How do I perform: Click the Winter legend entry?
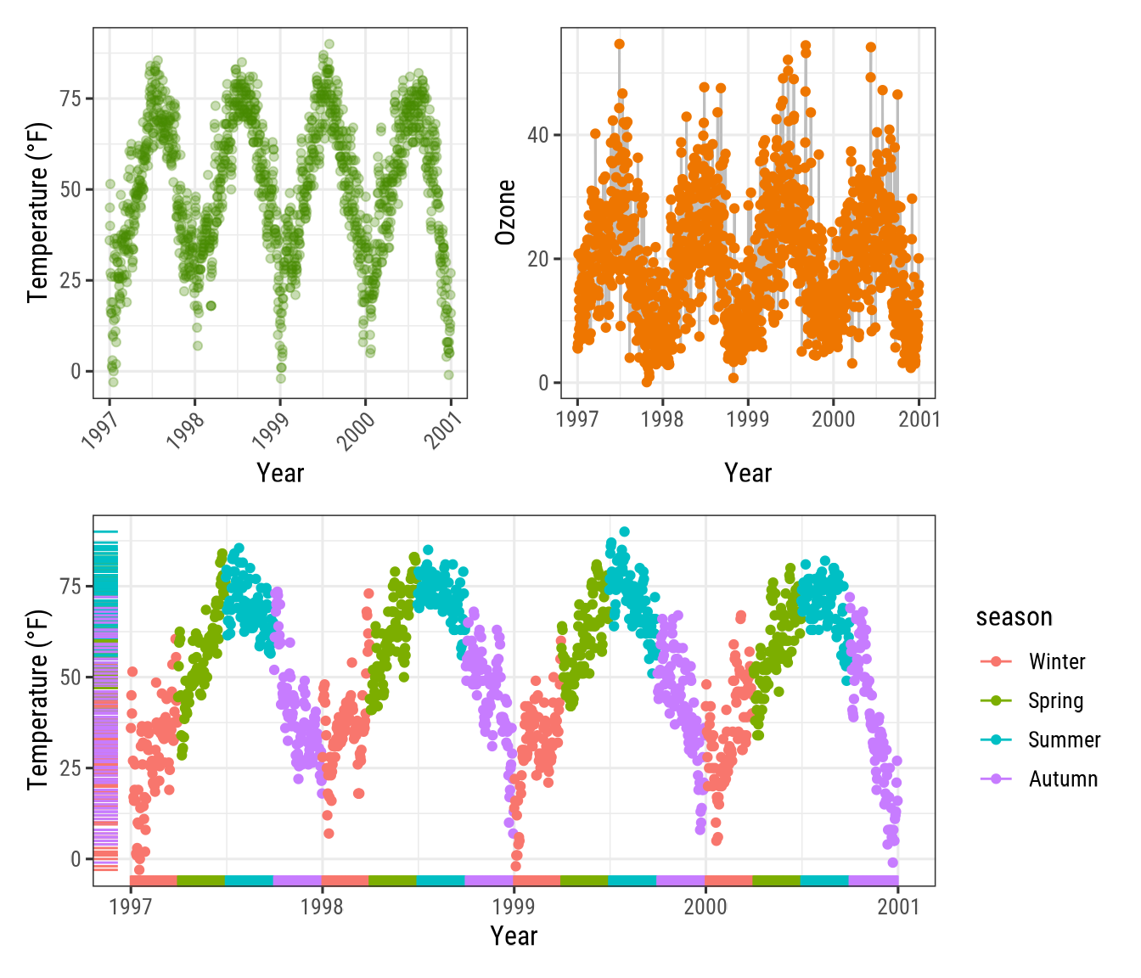tap(1056, 661)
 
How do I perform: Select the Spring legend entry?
tap(1055, 700)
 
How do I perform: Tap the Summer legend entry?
tap(1063, 739)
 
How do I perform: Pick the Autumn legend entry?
tap(1062, 778)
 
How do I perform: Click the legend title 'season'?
tap(1014, 617)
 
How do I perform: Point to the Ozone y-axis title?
tap(506, 212)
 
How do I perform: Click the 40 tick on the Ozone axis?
tap(537, 135)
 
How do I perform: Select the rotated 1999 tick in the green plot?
tap(272, 430)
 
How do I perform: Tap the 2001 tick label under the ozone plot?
tap(919, 419)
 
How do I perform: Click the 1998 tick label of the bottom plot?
tap(322, 907)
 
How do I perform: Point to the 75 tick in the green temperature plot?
tap(70, 98)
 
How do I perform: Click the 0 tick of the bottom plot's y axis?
tap(76, 859)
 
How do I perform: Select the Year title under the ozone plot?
tap(748, 473)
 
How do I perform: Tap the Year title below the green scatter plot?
tap(280, 473)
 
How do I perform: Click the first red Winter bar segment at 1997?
tap(153, 880)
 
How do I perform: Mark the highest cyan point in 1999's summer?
tap(624, 531)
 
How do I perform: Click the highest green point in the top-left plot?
tap(329, 44)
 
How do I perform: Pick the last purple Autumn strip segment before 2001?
tap(873, 880)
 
